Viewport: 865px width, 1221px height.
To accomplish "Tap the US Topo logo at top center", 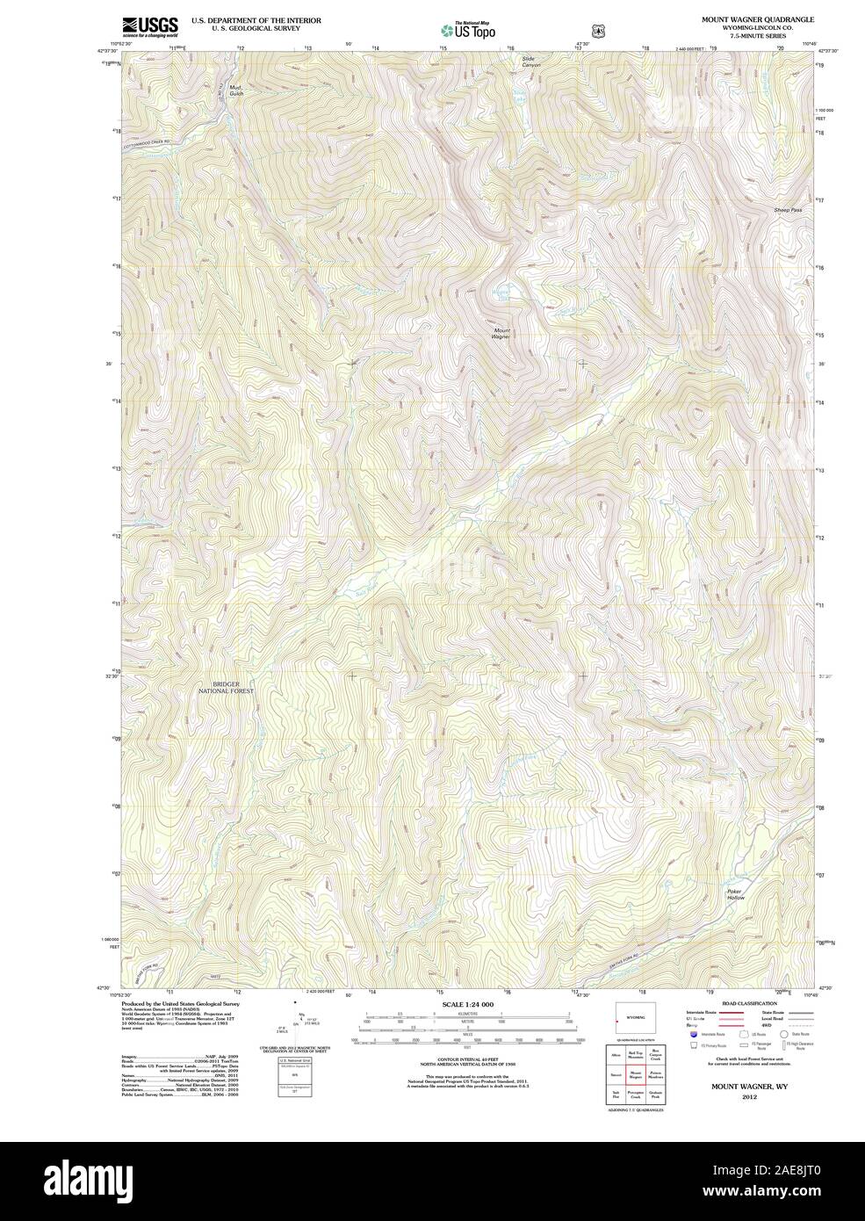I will tap(468, 29).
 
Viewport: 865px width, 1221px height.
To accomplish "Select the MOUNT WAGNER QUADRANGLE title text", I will tap(757, 18).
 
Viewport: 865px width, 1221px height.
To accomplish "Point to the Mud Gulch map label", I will tap(234, 90).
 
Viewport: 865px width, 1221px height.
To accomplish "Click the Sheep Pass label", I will tap(788, 211).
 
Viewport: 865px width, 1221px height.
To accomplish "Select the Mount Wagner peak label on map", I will tap(501, 334).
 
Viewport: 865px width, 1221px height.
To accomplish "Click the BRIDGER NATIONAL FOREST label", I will tap(232, 688).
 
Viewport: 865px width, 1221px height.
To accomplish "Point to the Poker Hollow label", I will tap(735, 894).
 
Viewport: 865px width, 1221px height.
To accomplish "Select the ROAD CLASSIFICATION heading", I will tap(748, 1003).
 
